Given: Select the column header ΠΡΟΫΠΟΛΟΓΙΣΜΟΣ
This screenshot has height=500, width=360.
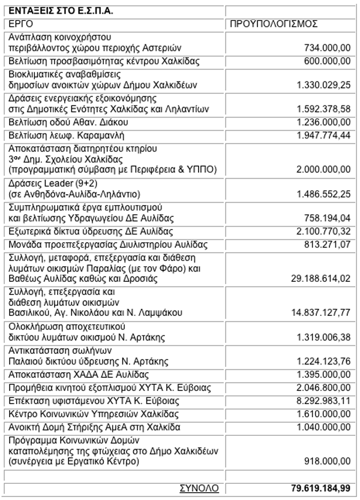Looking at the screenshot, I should tap(274, 24).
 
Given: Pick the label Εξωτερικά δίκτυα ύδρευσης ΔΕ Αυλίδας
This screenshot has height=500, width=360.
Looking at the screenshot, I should tap(89, 231).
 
